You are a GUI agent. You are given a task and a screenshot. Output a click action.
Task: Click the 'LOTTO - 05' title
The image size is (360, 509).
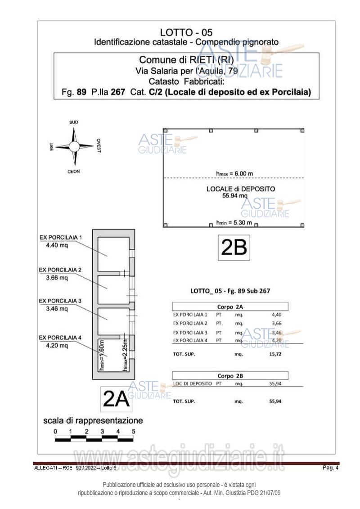pos(186,32)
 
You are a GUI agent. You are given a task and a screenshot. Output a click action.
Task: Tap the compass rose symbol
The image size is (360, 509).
pos(75,146)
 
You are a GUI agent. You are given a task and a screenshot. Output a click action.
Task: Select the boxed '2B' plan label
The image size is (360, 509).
pos(234,247)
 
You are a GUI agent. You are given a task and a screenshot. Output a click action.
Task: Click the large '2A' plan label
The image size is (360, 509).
pos(116,399)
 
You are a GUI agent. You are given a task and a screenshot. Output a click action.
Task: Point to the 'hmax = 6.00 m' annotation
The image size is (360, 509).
pos(234,174)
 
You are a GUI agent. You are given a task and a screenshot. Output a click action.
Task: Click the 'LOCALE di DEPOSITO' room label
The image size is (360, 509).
pos(241,189)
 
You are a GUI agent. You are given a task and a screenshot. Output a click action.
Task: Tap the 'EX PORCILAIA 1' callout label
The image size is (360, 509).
pos(61,237)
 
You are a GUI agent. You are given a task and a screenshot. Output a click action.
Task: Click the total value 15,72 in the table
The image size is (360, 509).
pos(275,354)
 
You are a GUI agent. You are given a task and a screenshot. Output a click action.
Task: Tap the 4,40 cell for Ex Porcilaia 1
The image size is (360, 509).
pos(276,315)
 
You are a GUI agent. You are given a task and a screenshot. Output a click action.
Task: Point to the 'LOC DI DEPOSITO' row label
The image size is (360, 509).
pos(192,383)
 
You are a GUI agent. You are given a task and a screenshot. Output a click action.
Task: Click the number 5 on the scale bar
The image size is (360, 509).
pos(134,431)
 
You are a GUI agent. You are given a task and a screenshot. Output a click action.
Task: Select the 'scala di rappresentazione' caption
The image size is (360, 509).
pos(93,421)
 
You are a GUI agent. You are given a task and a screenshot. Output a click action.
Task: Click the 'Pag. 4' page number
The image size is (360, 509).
pos(330,468)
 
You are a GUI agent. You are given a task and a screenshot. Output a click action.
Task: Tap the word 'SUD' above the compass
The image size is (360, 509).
pos(74,122)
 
